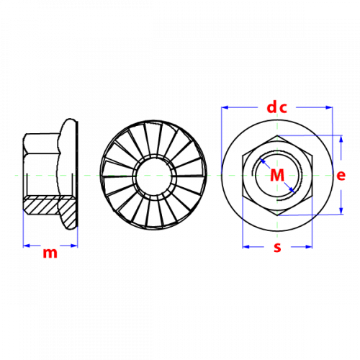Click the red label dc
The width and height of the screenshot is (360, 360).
point(276,107)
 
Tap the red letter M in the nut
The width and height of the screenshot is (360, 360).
point(277,175)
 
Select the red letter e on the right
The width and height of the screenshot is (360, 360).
point(341,176)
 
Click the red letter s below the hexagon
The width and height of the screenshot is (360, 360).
point(277,248)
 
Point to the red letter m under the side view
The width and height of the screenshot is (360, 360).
point(50,253)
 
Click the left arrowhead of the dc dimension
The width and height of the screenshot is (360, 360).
point(225,107)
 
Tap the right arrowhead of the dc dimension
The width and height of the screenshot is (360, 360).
point(329,107)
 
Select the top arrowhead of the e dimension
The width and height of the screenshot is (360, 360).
point(341,139)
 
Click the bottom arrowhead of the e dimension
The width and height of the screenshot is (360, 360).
point(341,211)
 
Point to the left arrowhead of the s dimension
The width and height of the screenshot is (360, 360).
point(246,247)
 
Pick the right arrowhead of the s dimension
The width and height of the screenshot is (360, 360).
point(309,247)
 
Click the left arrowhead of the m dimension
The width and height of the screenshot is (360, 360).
point(27,246)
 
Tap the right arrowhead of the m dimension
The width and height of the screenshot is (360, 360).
point(74,246)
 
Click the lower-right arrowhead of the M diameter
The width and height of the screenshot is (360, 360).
point(292,190)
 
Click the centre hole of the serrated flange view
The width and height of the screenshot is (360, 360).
point(153,176)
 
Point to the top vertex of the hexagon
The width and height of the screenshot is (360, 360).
point(277,135)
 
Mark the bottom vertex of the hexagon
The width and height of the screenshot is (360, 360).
point(277,215)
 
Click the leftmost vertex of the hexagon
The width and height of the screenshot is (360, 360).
point(243,156)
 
